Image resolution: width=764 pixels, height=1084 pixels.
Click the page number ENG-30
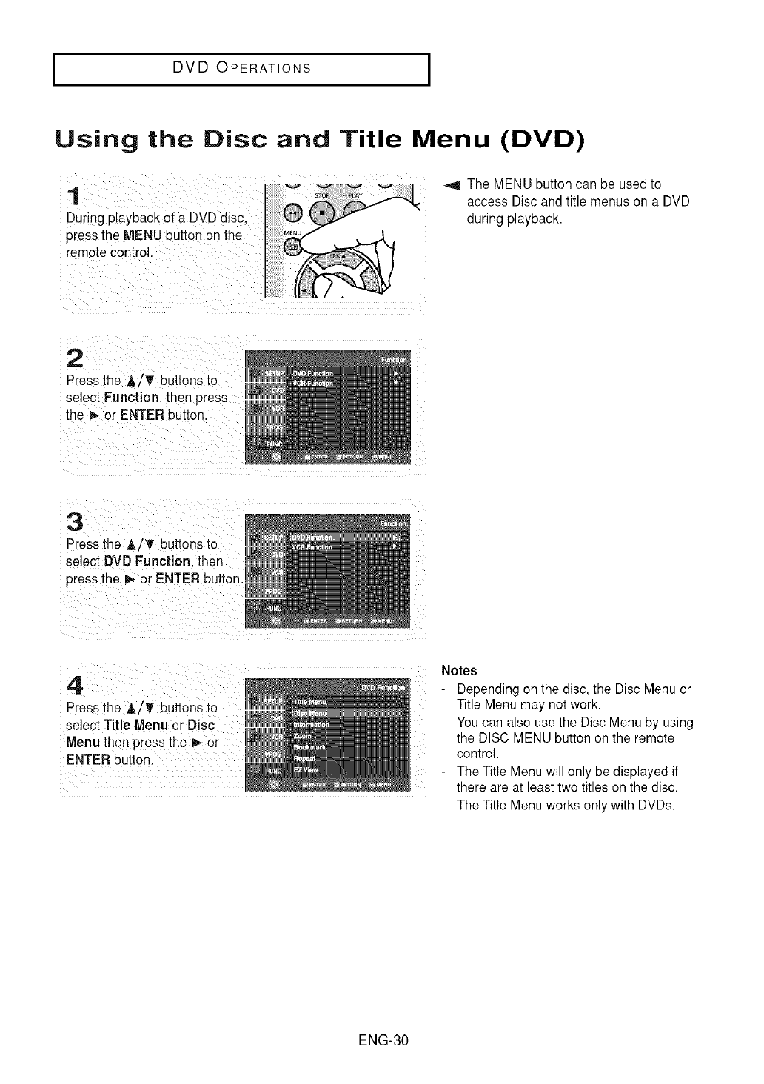[382, 1040]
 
